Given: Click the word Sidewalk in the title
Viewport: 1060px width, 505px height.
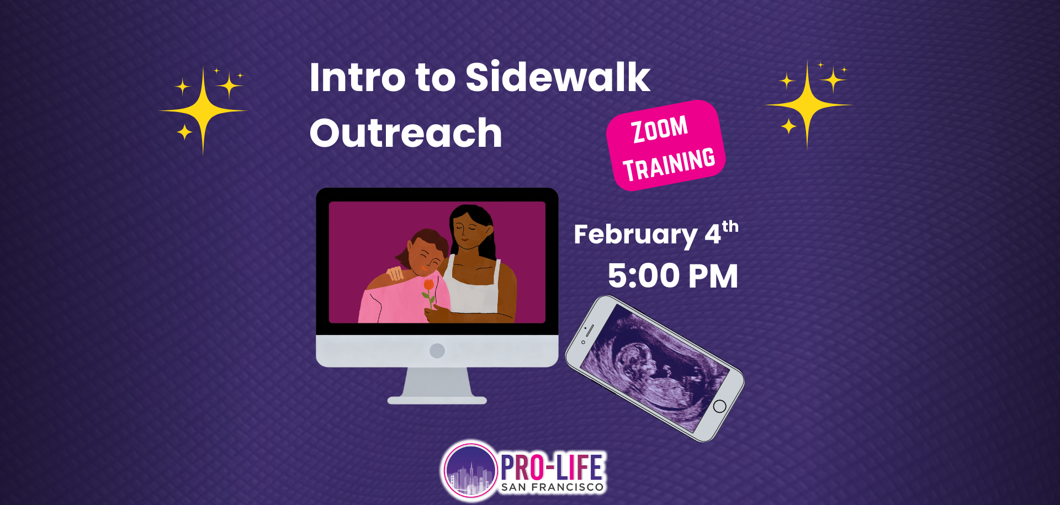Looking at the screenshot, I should point(558,77).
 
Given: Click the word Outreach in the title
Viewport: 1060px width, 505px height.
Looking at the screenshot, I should point(406,133).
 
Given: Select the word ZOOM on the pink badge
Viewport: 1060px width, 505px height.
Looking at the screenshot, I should point(660,129).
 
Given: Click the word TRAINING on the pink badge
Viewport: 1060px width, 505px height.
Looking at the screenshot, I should point(669,164).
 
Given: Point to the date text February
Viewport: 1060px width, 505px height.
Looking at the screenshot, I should point(635,235).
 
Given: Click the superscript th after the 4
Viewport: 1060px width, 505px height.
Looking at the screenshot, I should point(730,226).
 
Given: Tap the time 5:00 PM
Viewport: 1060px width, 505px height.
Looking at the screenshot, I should point(672,276).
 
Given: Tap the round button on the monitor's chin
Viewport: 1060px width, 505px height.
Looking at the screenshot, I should point(437,350).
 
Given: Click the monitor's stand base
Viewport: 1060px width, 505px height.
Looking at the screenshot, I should point(437,400).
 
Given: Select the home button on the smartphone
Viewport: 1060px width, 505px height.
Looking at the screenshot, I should point(719,407).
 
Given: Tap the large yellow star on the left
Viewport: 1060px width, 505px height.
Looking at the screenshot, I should point(203,111).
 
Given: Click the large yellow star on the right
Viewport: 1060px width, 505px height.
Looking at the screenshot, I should point(808,104).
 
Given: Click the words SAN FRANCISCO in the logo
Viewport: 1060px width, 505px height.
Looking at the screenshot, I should point(552,487).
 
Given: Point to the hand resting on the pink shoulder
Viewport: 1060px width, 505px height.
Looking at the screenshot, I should point(395,273).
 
